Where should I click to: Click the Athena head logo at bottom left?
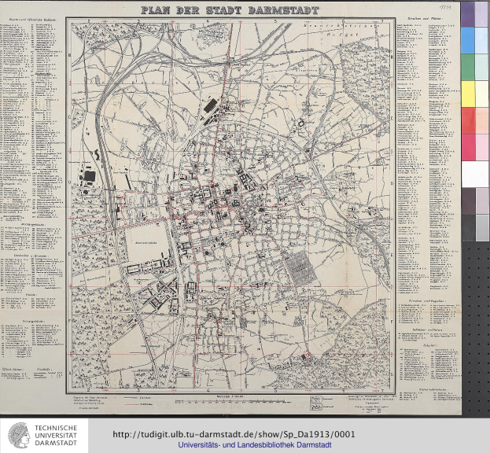pos(20,435)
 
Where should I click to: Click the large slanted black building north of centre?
pos(211,104)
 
